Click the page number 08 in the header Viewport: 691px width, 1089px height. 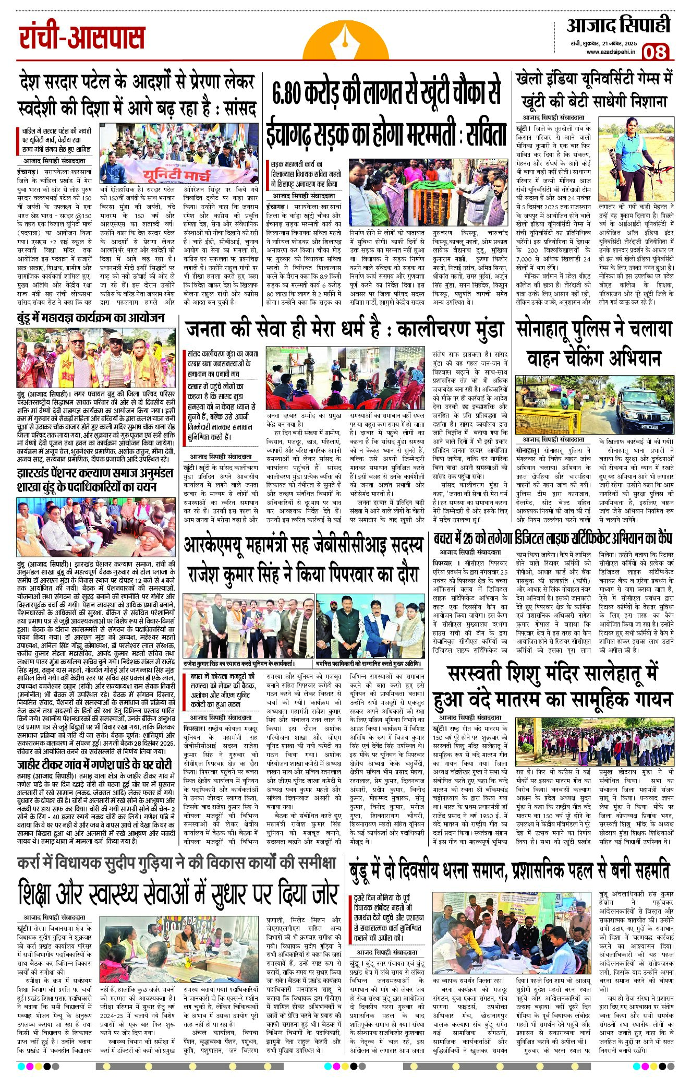click(x=654, y=52)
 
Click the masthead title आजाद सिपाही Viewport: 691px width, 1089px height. click(x=617, y=26)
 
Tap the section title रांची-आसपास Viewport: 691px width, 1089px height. click(x=82, y=38)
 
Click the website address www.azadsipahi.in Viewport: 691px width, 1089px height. click(x=610, y=52)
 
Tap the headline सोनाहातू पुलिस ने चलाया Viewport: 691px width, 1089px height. click(x=594, y=329)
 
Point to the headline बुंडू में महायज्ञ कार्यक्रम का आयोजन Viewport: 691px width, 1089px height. click(x=91, y=318)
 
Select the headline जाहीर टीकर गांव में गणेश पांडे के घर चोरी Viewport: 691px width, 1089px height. click(x=94, y=765)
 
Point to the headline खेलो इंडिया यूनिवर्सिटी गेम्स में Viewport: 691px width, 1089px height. click(x=594, y=78)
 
